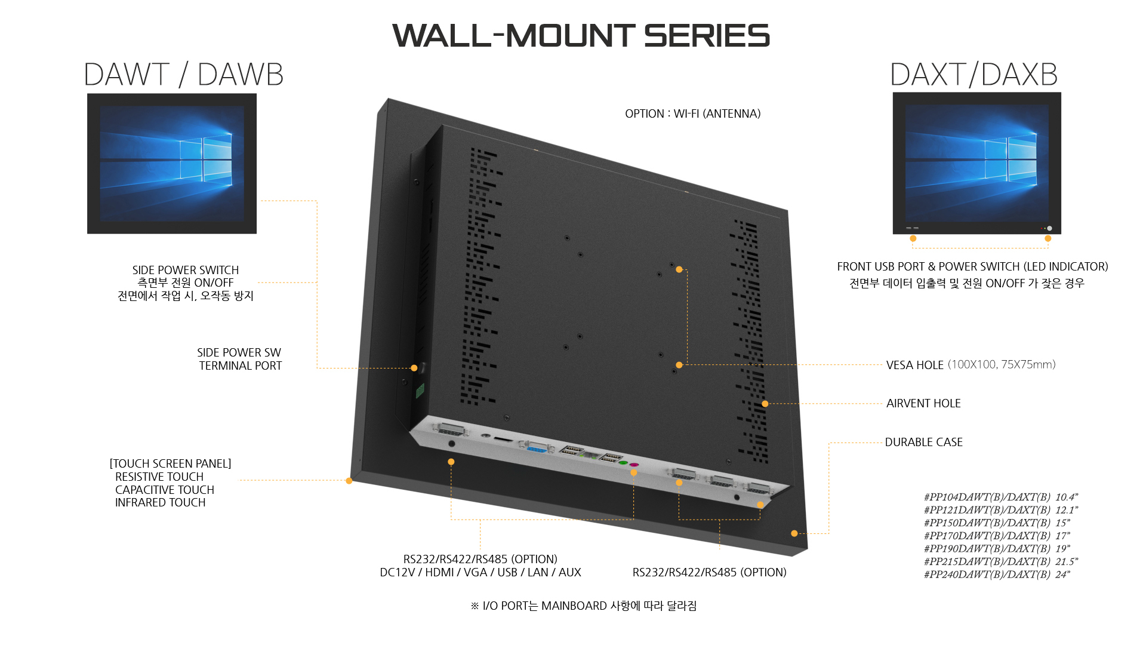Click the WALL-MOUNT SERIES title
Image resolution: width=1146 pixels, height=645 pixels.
[581, 36]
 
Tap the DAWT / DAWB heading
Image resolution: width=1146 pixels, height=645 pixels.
[183, 75]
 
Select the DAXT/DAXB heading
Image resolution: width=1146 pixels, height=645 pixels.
[974, 75]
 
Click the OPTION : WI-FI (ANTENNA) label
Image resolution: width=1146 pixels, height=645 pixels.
[692, 113]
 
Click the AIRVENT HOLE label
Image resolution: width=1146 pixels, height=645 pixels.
[923, 403]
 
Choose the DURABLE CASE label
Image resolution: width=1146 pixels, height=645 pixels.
[923, 442]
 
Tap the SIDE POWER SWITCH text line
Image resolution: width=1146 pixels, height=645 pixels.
[186, 270]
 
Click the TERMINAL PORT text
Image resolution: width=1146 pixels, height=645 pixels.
[240, 365]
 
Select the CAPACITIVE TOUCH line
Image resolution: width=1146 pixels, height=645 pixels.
[164, 490]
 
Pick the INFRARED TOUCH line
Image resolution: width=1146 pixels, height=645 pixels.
[160, 502]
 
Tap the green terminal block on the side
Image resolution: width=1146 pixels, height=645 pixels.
[420, 391]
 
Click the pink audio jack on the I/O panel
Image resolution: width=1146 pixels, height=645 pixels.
[634, 464]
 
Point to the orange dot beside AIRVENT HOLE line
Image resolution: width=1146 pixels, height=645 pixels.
[765, 404]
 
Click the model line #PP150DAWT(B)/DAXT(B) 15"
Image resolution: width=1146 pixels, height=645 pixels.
[997, 523]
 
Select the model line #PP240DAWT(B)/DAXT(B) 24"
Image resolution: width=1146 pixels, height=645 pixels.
[997, 575]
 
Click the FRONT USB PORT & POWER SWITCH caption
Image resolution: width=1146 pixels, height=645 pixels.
[972, 266]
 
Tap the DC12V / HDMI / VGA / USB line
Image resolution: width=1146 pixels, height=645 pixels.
[480, 572]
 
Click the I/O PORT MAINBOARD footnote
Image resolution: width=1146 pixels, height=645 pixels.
[584, 606]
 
